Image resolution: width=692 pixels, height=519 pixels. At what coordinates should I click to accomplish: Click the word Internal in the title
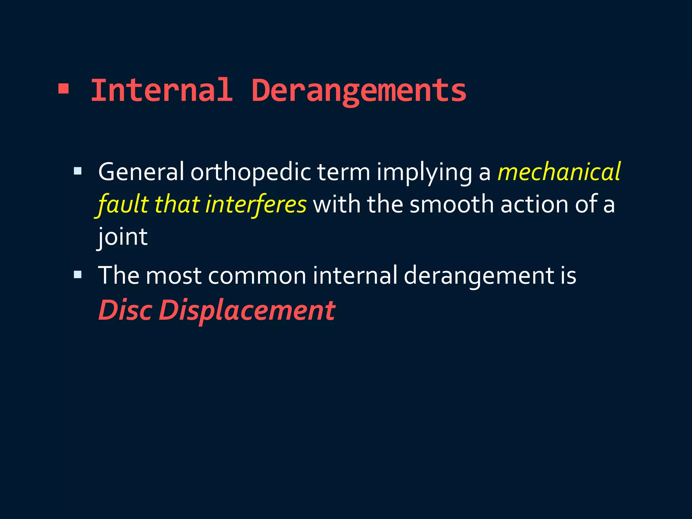click(162, 91)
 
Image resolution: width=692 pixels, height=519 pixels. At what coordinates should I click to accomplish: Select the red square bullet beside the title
click(64, 89)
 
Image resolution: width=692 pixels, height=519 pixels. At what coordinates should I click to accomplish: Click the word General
click(141, 172)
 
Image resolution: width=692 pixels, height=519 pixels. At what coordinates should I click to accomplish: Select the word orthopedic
click(250, 172)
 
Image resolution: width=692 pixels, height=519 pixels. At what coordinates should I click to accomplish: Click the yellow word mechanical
click(559, 172)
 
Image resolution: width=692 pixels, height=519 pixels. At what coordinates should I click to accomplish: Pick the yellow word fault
click(123, 205)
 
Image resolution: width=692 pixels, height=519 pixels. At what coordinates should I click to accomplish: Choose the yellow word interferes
click(256, 205)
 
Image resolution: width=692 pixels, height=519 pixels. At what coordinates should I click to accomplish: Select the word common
click(257, 275)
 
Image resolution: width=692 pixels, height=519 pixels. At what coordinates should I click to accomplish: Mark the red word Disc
click(125, 310)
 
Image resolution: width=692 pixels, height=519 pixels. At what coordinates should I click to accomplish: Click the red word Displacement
click(247, 311)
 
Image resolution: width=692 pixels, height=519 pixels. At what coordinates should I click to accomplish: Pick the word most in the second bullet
click(174, 275)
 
